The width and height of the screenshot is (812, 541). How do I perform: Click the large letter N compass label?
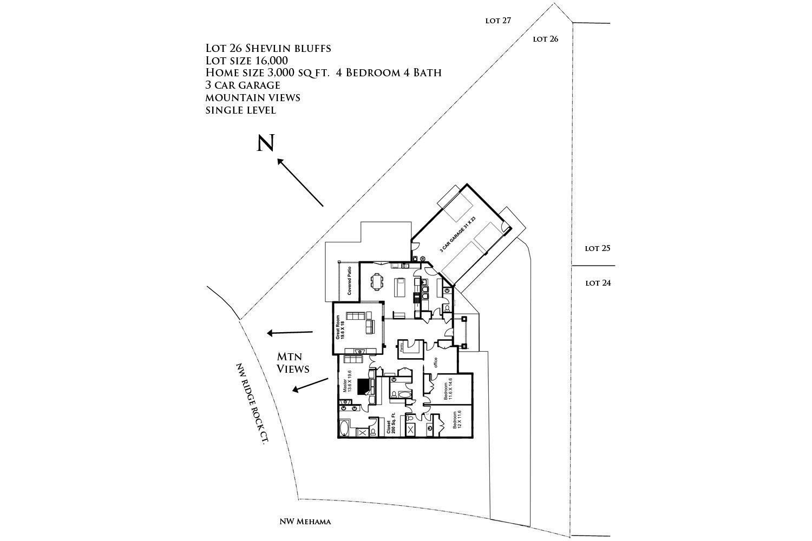pyautogui.click(x=265, y=143)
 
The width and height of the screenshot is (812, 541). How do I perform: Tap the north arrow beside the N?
pyautogui.click(x=300, y=182)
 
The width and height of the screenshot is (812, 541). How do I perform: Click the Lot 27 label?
pyautogui.click(x=498, y=21)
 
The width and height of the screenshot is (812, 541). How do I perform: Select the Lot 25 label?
pyautogui.click(x=598, y=248)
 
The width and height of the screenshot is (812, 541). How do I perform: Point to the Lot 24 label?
pyautogui.click(x=598, y=283)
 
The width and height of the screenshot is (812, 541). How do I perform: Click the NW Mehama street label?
pyautogui.click(x=305, y=522)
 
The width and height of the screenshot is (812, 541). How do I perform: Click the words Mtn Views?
pyautogui.click(x=293, y=362)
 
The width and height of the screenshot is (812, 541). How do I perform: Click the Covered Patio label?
pyautogui.click(x=350, y=281)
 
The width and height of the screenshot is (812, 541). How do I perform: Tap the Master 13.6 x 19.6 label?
pyautogui.click(x=347, y=381)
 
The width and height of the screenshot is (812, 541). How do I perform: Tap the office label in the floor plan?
pyautogui.click(x=435, y=362)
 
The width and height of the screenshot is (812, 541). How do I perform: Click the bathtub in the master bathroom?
pyautogui.click(x=345, y=429)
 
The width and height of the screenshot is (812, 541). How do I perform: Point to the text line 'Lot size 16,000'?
pyautogui.click(x=246, y=61)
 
